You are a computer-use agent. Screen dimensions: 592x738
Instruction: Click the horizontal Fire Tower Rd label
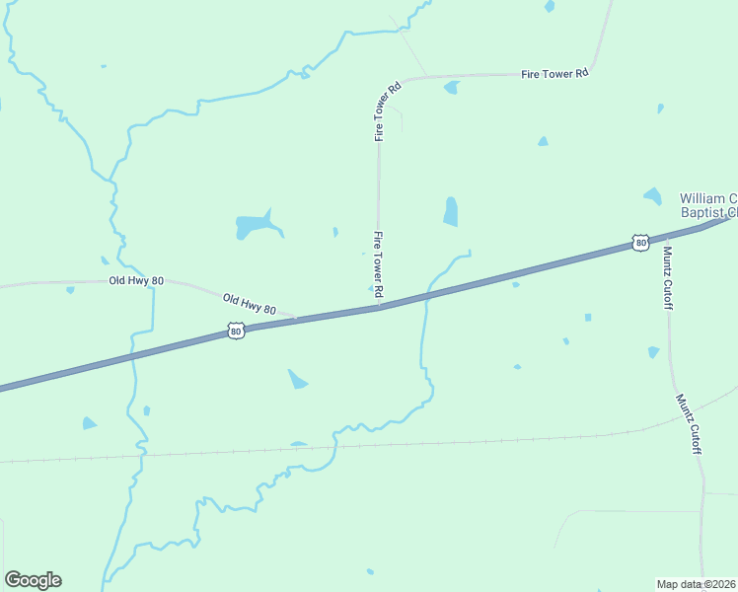click(x=554, y=73)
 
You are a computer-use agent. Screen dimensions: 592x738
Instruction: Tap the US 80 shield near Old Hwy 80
click(x=235, y=332)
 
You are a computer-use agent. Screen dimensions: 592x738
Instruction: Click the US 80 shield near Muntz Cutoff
click(x=640, y=242)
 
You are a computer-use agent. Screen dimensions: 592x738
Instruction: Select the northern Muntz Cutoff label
click(x=668, y=276)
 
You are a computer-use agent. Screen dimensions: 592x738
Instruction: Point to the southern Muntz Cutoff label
click(x=688, y=423)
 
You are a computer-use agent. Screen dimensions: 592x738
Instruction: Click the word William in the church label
click(x=706, y=198)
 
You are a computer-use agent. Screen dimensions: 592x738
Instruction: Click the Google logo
click(x=33, y=580)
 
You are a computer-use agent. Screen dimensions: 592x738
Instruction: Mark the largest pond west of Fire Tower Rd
click(x=255, y=226)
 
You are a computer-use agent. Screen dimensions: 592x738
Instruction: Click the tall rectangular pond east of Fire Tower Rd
click(x=451, y=211)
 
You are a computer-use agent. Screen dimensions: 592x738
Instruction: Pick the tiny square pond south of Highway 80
click(x=588, y=318)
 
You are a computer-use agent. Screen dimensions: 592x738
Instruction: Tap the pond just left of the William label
click(x=652, y=195)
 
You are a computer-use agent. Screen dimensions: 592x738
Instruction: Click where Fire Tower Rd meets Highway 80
click(x=380, y=307)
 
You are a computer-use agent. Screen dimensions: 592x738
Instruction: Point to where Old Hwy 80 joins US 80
click(x=296, y=318)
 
